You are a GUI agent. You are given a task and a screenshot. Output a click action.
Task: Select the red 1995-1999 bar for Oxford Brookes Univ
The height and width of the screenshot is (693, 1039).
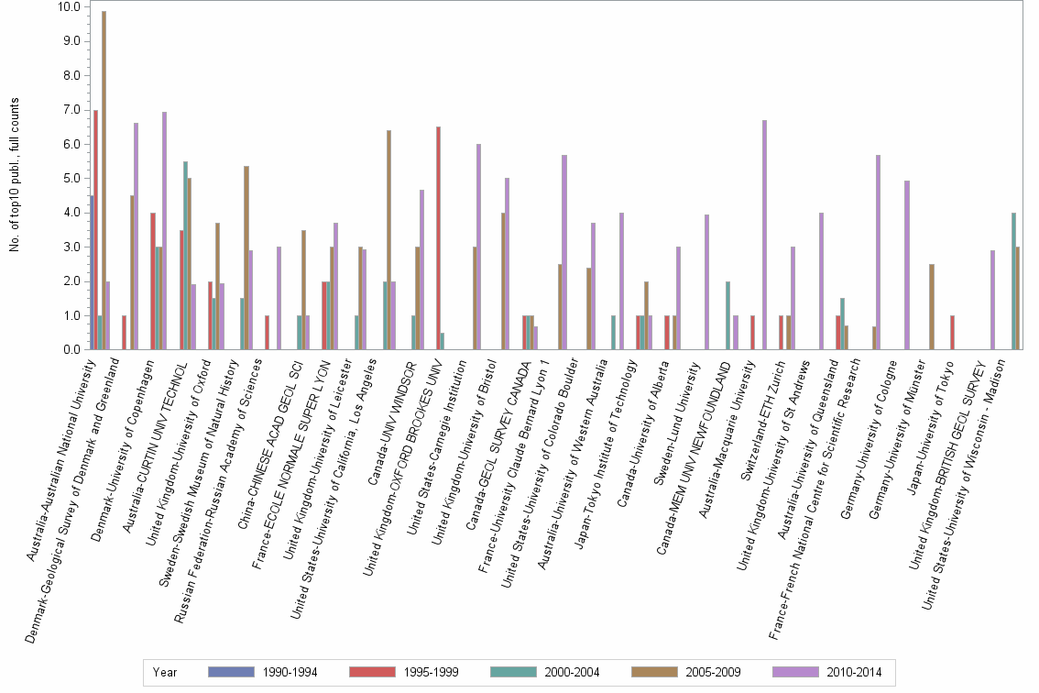[x=438, y=238]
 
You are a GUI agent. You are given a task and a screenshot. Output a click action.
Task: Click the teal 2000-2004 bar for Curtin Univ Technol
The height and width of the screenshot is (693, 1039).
[x=185, y=256]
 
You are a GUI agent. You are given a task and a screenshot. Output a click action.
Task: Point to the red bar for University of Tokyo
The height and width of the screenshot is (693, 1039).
[x=952, y=333]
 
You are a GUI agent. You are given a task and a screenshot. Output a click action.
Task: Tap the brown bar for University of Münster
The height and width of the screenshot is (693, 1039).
[x=932, y=307]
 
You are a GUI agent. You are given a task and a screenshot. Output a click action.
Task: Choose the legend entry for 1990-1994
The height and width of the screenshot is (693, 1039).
[x=262, y=672]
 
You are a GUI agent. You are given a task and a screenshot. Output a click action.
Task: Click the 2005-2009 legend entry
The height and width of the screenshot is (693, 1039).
[x=685, y=672]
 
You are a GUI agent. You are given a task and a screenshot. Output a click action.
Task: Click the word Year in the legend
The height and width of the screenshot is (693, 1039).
[x=165, y=672]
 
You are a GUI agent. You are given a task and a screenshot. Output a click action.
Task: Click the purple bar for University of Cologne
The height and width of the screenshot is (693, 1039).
[x=906, y=265]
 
